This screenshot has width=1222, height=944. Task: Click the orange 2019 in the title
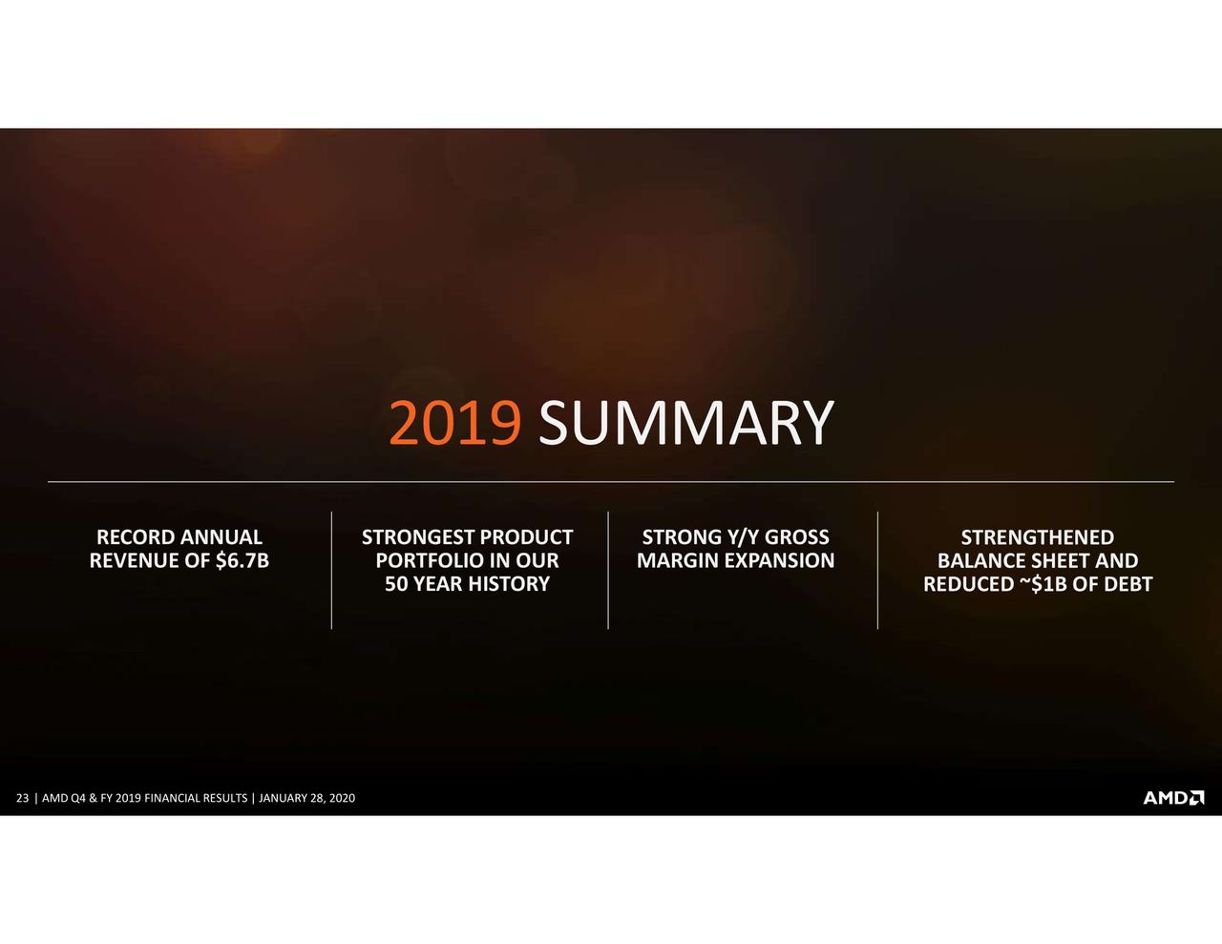[455, 423]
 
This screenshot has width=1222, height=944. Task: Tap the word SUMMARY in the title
[686, 423]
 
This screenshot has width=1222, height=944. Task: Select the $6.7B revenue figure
[242, 560]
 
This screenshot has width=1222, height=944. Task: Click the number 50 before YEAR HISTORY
[396, 584]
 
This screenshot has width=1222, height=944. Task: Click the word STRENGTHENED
[1037, 537]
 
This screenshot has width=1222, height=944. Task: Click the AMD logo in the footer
[1173, 798]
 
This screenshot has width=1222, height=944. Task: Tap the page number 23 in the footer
[23, 798]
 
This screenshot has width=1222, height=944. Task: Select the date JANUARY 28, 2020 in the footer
[306, 798]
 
